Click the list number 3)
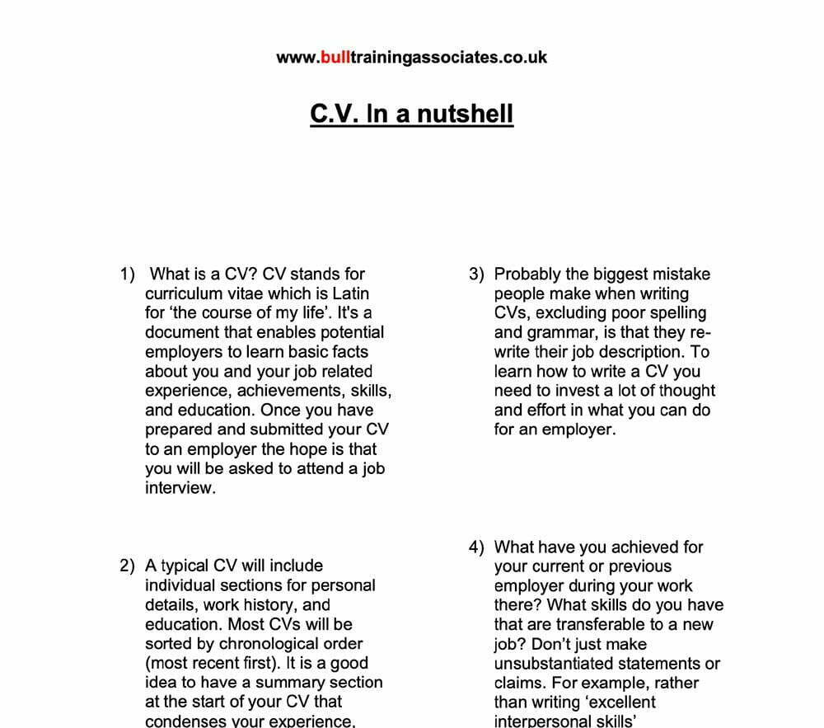(477, 275)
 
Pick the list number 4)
(477, 547)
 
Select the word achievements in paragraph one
(286, 391)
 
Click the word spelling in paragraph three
(677, 313)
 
